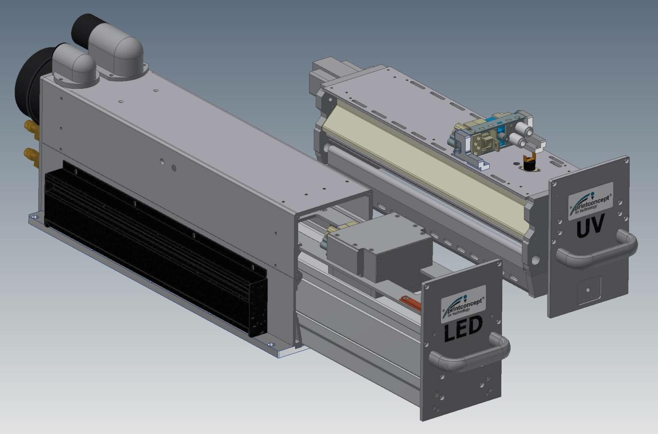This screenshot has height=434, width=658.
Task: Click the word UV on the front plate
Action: click(591, 226)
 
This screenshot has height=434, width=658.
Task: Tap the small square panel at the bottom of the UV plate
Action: click(589, 292)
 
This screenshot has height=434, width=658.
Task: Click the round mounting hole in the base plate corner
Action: click(271, 344)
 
